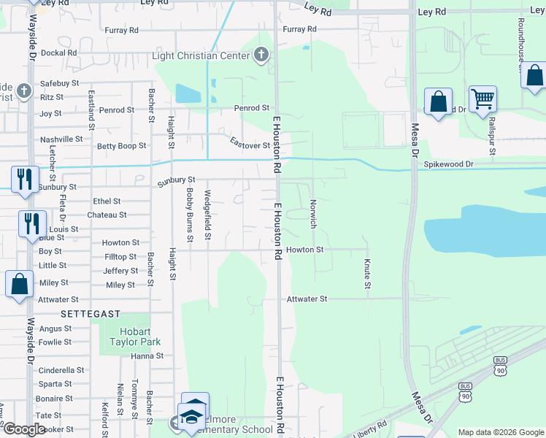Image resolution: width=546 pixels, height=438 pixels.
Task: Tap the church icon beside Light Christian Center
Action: [x=261, y=55]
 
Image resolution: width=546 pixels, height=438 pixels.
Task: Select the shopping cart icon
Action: [x=482, y=99]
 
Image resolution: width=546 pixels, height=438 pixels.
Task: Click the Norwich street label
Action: [x=312, y=214]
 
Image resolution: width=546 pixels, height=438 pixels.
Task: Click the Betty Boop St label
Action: [x=122, y=146]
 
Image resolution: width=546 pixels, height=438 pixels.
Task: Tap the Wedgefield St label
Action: [x=208, y=215]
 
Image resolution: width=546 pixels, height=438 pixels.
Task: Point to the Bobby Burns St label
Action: [x=189, y=215]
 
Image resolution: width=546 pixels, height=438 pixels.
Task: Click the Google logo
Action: [x=24, y=429]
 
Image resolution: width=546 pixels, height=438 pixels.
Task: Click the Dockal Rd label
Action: [x=59, y=53]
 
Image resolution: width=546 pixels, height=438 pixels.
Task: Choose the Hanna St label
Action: [x=147, y=356]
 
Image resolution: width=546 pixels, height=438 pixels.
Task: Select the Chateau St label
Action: [x=107, y=215]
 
